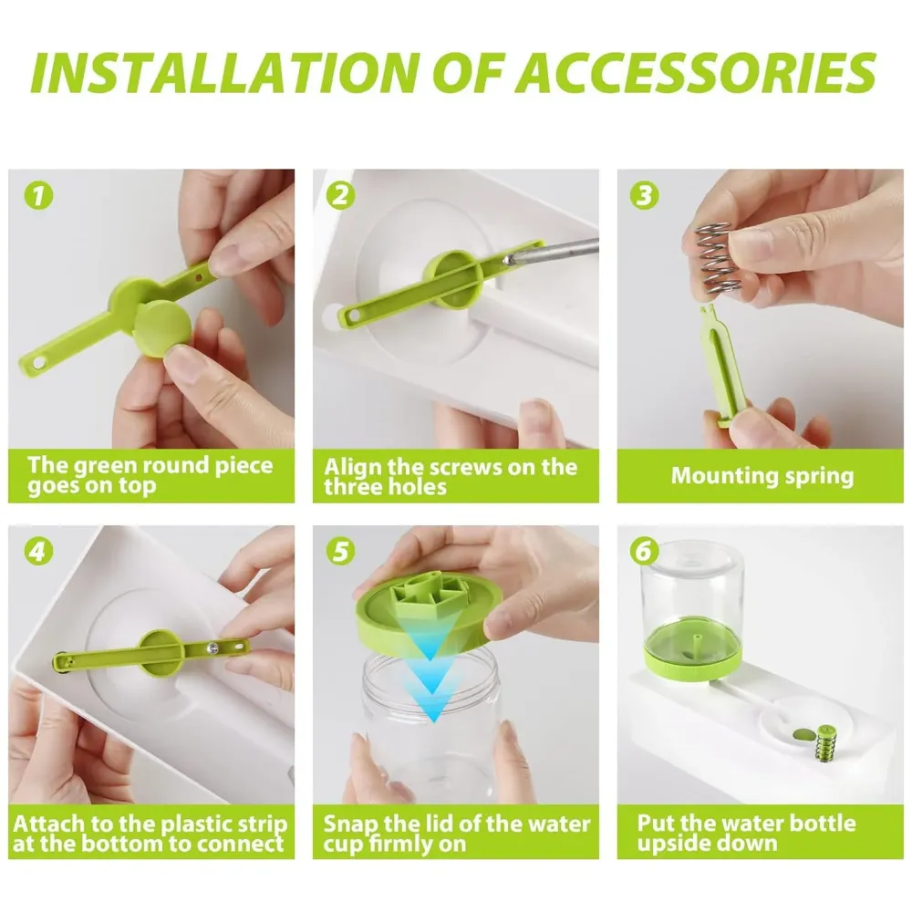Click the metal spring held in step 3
(711, 260)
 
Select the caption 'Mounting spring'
(762, 475)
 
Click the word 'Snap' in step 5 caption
(348, 824)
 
